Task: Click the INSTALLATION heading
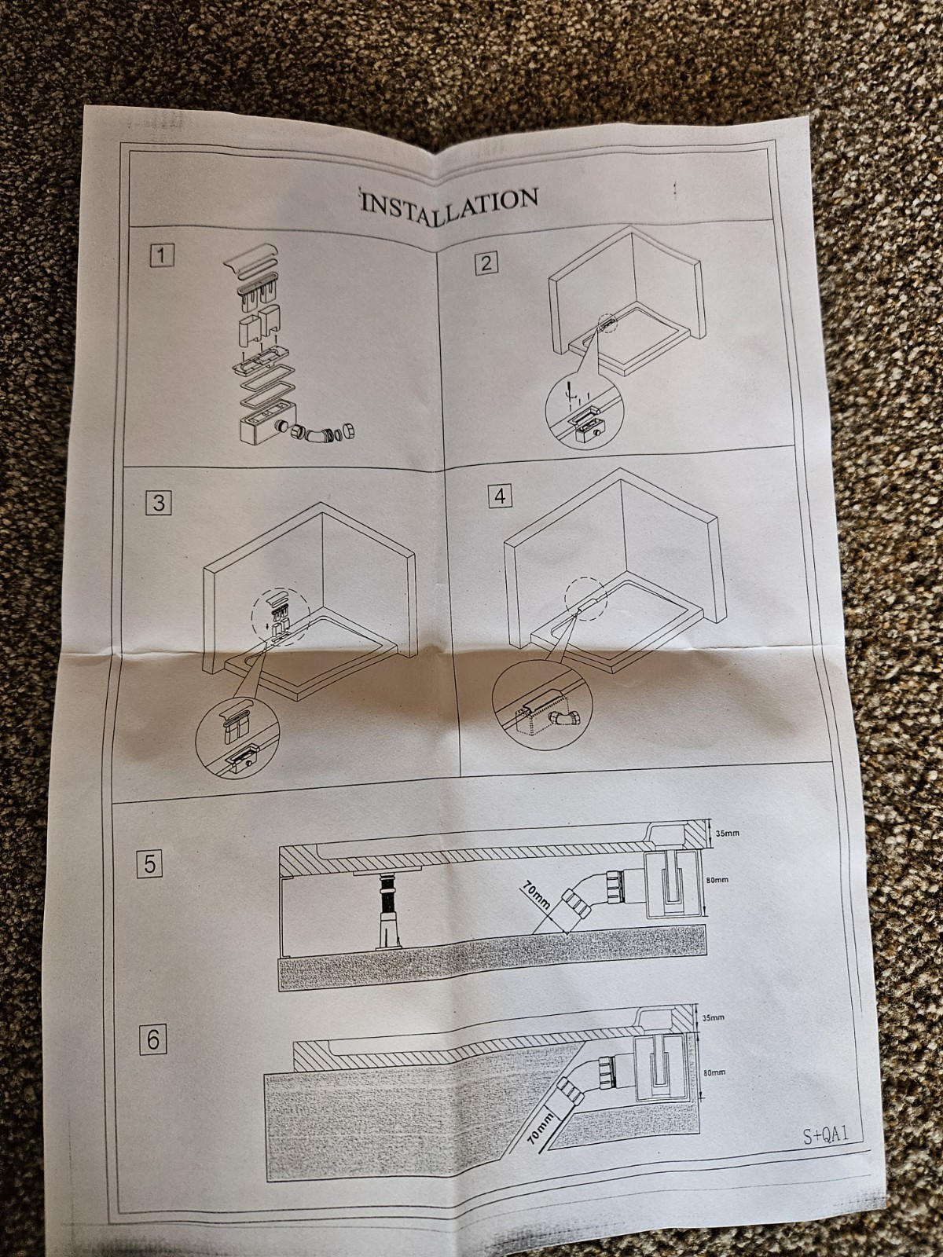click(448, 200)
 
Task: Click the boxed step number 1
click(162, 255)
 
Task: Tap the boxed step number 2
click(485, 262)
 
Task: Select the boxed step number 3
click(160, 503)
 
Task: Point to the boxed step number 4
click(499, 497)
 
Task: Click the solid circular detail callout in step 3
click(235, 740)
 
